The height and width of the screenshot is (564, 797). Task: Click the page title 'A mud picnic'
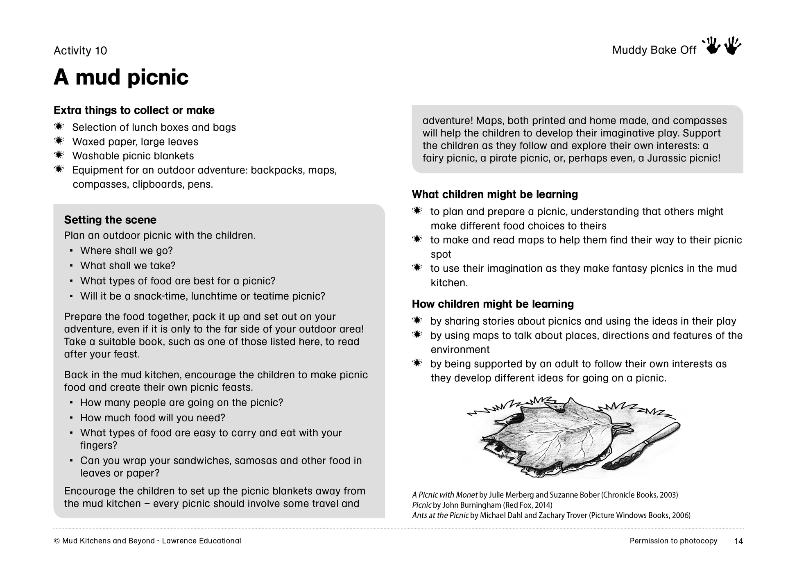121,77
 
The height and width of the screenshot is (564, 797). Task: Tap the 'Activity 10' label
80,50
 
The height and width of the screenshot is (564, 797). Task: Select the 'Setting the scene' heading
110,220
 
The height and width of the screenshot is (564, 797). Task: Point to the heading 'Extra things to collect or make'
134,110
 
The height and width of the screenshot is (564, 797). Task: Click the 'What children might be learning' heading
495,194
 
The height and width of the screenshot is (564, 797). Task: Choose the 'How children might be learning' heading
493,304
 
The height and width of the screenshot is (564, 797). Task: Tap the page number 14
738,541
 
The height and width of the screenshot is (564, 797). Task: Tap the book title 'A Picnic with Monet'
445,495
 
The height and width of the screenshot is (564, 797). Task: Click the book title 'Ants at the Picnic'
440,515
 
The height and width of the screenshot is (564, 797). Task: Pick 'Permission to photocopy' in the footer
673,541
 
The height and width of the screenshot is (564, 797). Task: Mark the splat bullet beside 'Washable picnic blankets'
59,155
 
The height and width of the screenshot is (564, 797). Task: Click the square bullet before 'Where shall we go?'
71,250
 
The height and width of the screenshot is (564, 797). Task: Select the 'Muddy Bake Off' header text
654,50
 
